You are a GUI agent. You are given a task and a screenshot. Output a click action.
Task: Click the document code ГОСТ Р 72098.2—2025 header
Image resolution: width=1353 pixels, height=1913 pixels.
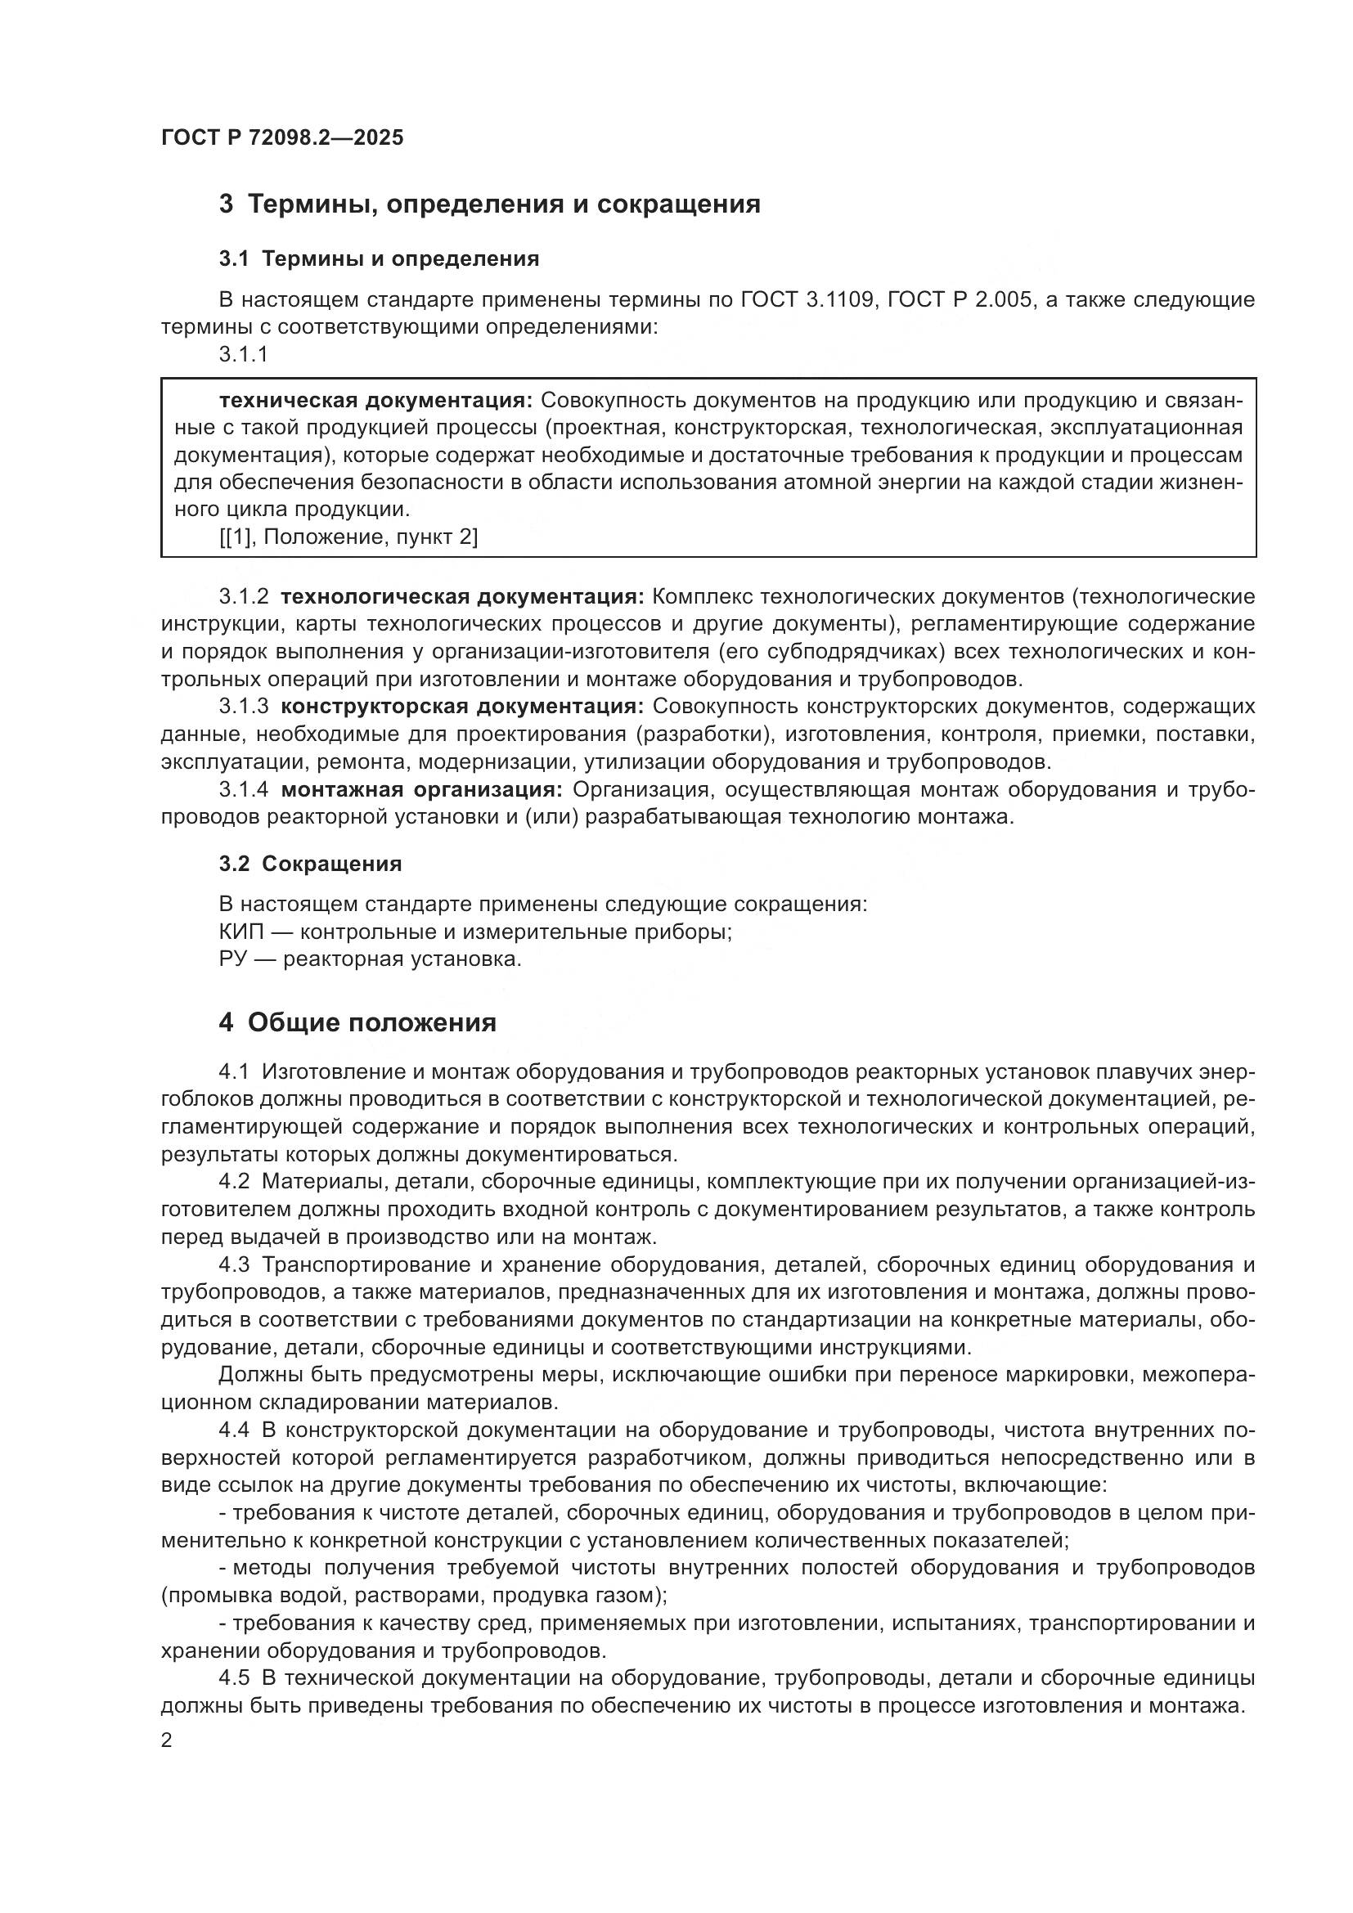pyautogui.click(x=281, y=137)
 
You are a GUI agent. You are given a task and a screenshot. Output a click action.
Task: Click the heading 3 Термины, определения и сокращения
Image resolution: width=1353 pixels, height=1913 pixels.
pyautogui.click(x=489, y=204)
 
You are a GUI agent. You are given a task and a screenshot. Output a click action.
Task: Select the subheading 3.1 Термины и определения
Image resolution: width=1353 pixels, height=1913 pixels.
pyautogui.click(x=379, y=259)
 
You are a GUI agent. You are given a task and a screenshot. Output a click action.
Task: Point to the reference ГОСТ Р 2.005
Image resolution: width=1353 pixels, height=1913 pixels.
pyautogui.click(x=959, y=299)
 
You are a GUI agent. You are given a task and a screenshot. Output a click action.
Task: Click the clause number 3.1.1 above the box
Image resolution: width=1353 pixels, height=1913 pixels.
pyautogui.click(x=243, y=354)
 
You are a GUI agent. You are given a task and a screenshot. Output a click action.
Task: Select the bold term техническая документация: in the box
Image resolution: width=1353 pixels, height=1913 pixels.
pyautogui.click(x=375, y=401)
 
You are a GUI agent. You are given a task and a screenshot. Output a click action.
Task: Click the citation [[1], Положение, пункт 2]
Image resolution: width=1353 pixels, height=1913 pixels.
pyautogui.click(x=348, y=537)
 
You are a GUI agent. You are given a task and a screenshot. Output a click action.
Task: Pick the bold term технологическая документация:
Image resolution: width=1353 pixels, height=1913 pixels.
pyautogui.click(x=462, y=596)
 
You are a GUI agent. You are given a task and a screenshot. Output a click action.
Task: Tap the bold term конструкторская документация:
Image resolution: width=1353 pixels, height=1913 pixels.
pyautogui.click(x=462, y=707)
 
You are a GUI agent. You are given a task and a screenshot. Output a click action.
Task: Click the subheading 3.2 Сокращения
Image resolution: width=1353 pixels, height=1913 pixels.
pyautogui.click(x=310, y=864)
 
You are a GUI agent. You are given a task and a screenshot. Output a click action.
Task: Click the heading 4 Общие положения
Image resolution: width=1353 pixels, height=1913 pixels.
pyautogui.click(x=357, y=1023)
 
